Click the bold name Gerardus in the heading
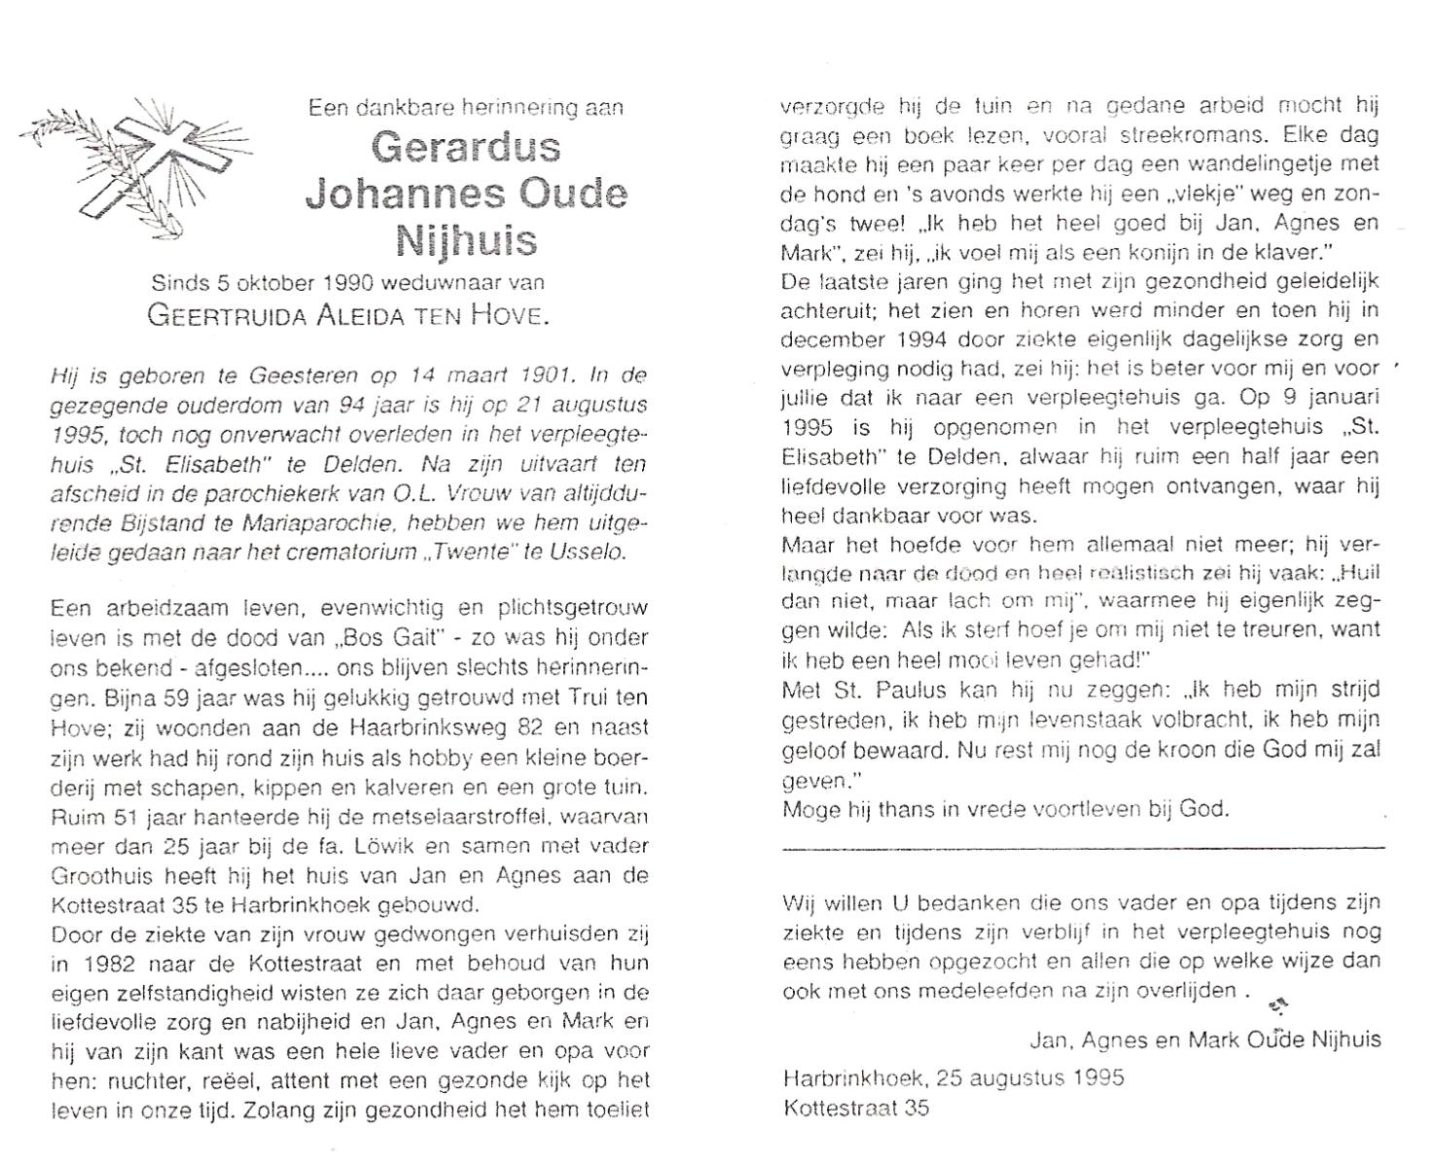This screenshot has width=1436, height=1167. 466,147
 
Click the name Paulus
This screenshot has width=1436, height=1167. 892,690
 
